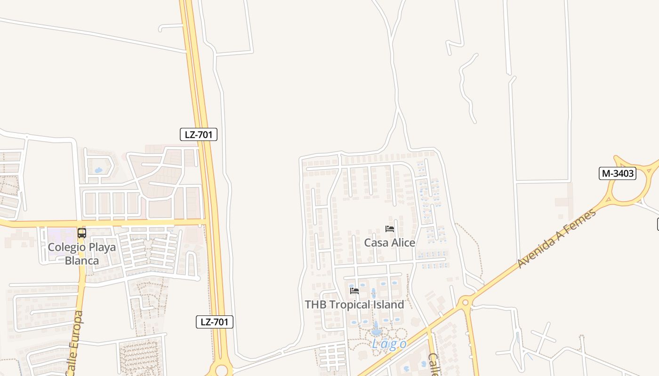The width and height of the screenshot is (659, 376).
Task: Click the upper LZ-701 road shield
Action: [x=198, y=134]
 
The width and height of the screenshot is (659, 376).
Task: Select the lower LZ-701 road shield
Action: [x=214, y=322]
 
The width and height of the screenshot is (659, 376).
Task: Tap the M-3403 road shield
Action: [x=618, y=173]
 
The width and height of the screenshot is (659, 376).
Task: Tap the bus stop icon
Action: [x=82, y=233]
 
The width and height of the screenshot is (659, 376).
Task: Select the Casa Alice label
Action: [x=389, y=243]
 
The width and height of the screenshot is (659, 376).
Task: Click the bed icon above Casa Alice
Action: [x=389, y=229]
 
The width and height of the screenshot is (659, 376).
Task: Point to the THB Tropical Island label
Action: [x=354, y=305]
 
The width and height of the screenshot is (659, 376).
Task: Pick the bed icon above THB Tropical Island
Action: [x=354, y=291]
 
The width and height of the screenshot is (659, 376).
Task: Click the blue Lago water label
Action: [x=389, y=344]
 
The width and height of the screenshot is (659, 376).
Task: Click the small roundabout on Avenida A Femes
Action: [x=466, y=301]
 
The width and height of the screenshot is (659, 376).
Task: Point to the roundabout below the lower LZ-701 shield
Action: [x=220, y=369]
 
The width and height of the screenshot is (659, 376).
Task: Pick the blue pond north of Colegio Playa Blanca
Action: [x=98, y=170]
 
